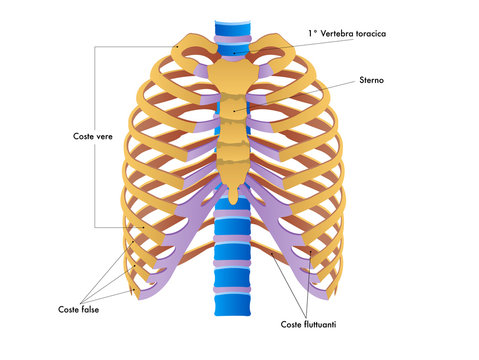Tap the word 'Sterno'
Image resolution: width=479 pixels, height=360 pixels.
pos(370,79)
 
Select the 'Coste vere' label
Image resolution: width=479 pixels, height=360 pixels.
pos(93,136)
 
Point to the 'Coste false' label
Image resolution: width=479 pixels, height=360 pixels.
pos(78,309)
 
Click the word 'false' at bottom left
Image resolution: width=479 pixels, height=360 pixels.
pos(89,309)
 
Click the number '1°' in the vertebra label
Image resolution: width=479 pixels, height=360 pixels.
pos(312,34)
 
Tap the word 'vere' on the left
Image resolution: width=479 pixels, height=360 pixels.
pos(104,136)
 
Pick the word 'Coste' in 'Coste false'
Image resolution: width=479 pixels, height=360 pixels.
pos(68,309)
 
